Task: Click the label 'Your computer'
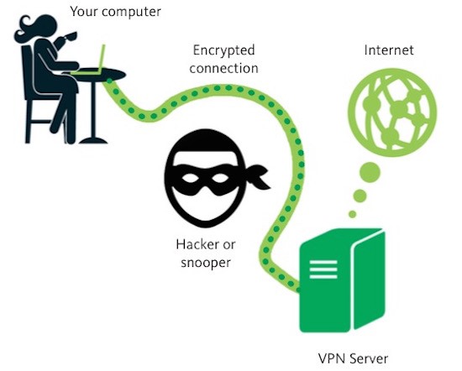[x=116, y=12]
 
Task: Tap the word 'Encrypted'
[x=224, y=50]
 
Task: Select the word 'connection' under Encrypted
[x=224, y=68]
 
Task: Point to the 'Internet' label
[x=389, y=50]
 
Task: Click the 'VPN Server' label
[x=353, y=358]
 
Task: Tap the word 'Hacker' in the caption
[x=197, y=244]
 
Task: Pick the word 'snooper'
[x=206, y=263]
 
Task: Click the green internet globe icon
[x=392, y=112]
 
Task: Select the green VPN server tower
[x=343, y=280]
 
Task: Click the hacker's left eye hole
[x=190, y=178]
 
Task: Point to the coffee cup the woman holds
[x=70, y=36]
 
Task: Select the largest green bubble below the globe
[x=370, y=172]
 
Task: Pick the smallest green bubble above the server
[x=353, y=214]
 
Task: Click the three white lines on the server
[x=323, y=269]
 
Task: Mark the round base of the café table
[x=93, y=141]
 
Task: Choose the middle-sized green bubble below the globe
[x=360, y=196]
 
